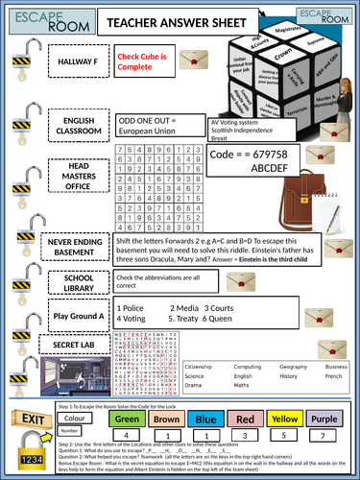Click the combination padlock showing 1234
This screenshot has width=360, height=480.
[x=26, y=458]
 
